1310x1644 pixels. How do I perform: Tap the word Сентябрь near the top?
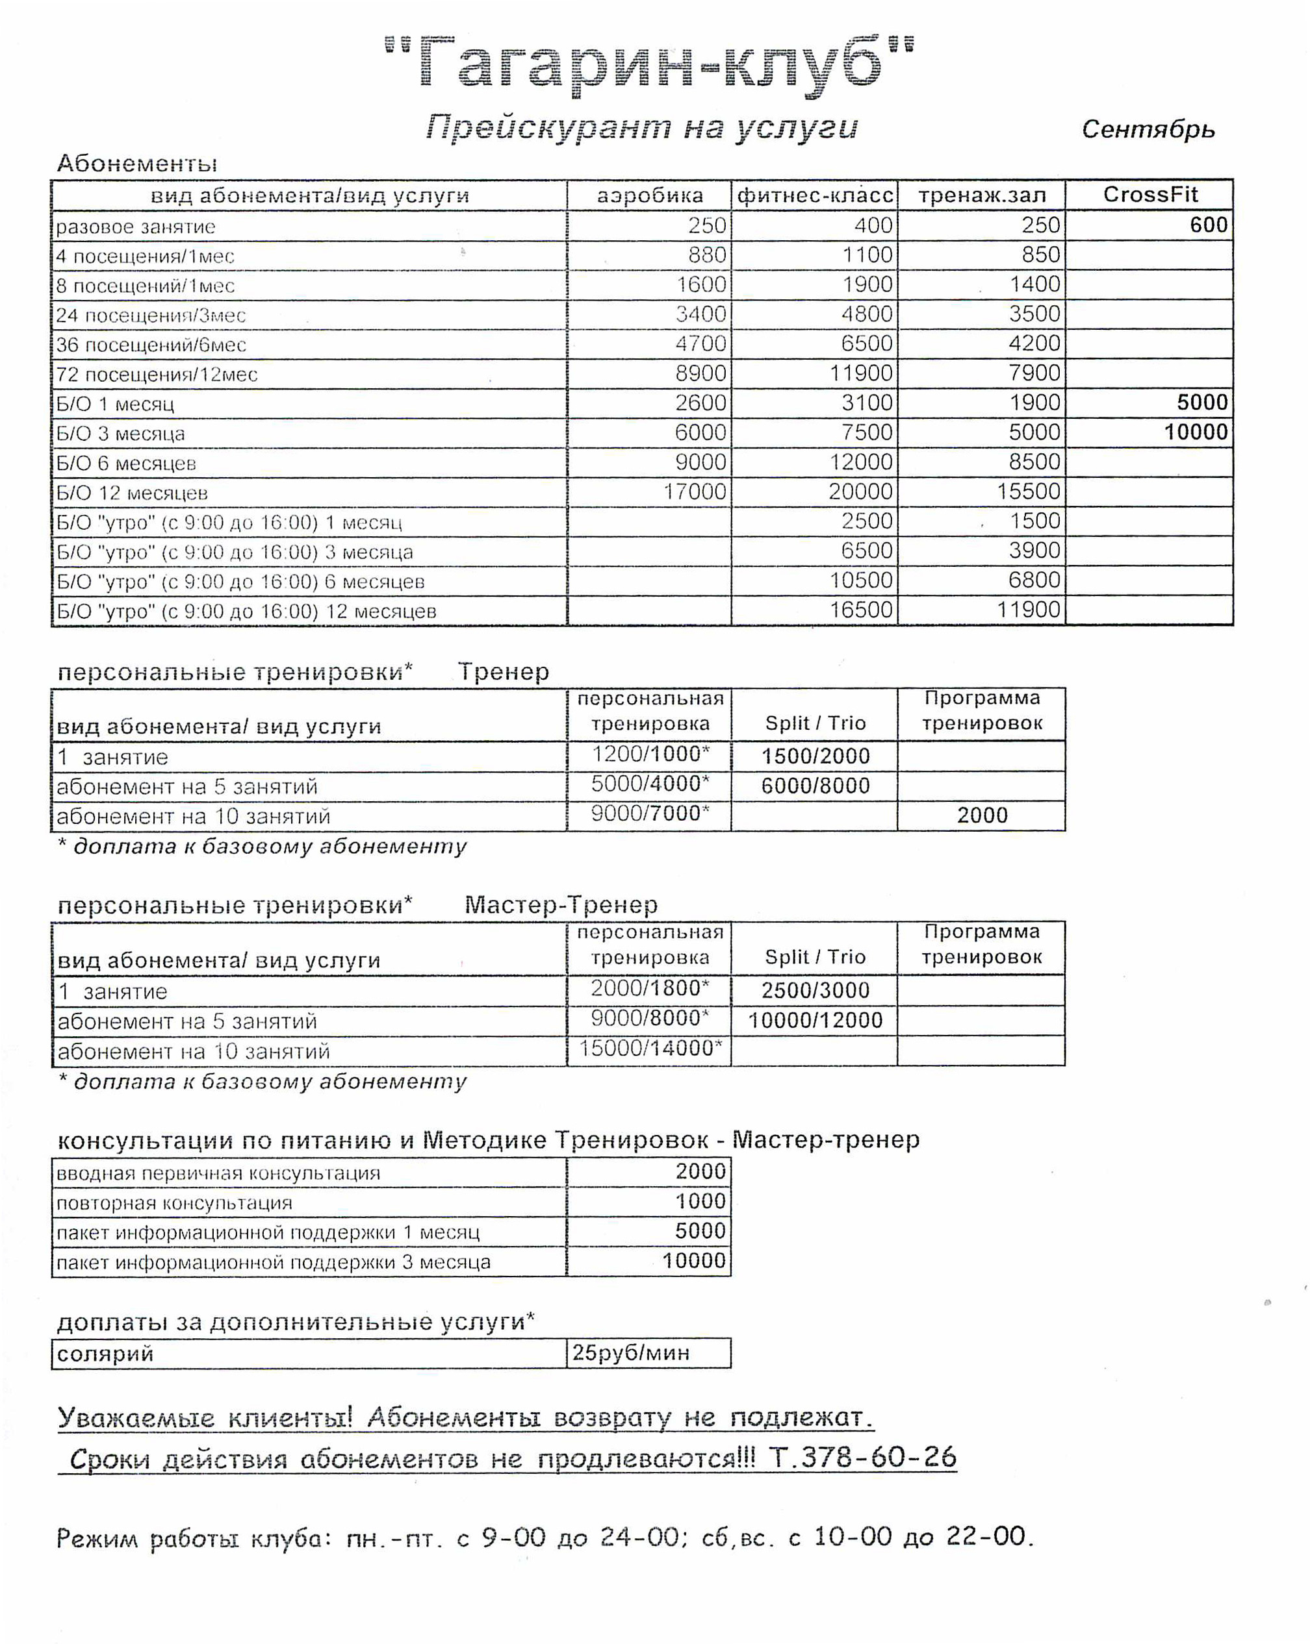coord(1148,130)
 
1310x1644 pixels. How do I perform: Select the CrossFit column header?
coord(1149,195)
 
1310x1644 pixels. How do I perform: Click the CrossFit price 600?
coord(1209,225)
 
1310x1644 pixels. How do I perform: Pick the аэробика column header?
coord(650,196)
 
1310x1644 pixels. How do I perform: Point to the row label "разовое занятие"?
coord(136,227)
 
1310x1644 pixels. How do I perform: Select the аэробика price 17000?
coord(694,492)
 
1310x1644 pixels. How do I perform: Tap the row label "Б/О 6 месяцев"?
coord(126,464)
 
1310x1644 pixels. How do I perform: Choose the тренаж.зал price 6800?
coord(1034,580)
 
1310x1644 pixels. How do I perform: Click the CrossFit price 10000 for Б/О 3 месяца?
coord(1196,432)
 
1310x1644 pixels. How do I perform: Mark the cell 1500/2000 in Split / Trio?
coord(815,756)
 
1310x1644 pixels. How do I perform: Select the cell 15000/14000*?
coord(650,1049)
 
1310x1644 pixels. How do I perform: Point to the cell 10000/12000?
coord(815,1020)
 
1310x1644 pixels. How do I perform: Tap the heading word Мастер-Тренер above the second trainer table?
coord(561,905)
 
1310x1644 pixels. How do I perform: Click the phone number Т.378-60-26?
coord(862,1457)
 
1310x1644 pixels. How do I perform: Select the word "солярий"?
coord(105,1354)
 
